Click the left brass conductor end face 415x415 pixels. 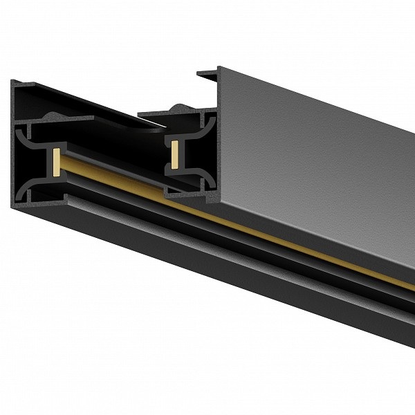(55, 160)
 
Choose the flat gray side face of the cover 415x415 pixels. (311, 152)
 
